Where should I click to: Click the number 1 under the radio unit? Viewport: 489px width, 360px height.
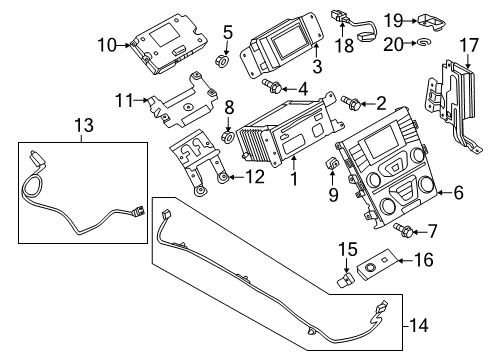(293, 180)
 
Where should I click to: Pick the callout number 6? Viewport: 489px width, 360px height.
(460, 192)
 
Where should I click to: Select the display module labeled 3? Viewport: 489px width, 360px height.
(285, 45)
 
